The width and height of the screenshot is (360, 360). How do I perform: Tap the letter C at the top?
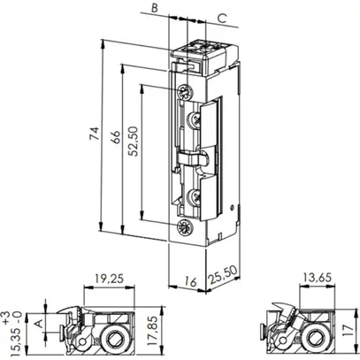click(220, 17)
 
